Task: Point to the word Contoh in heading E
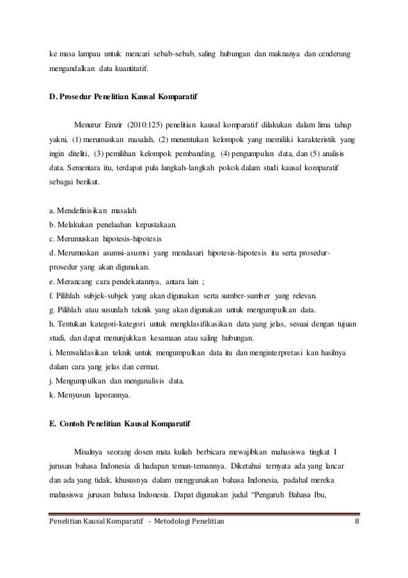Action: click(79, 425)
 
